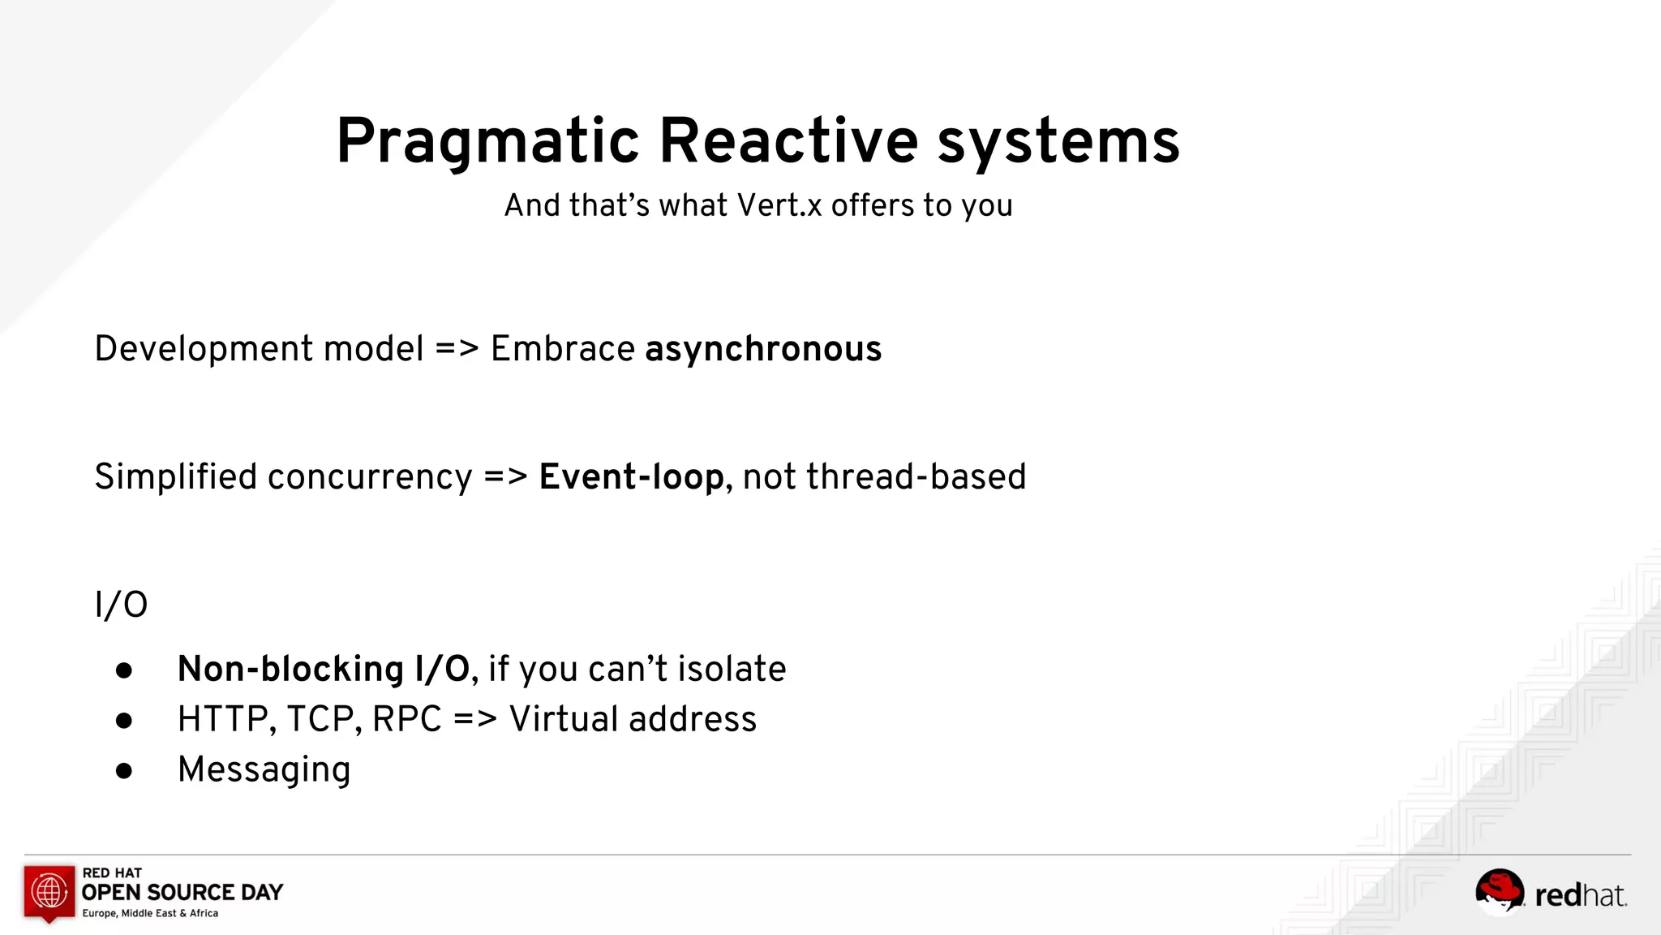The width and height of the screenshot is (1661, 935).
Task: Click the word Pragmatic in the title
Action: click(487, 142)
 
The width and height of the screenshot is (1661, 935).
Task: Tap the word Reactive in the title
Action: click(788, 142)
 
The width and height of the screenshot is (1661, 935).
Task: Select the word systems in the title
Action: click(1058, 142)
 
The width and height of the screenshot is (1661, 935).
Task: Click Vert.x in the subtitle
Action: click(779, 205)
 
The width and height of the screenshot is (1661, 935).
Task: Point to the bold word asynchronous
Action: click(762, 349)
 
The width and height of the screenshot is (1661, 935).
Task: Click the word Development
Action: click(204, 349)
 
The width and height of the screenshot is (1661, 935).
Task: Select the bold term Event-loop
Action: click(631, 477)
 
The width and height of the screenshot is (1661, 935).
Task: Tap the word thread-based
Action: click(884, 477)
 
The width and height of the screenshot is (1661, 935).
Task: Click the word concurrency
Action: click(370, 477)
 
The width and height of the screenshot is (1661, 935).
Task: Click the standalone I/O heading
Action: click(121, 605)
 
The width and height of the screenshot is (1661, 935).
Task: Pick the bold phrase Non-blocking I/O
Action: click(323, 670)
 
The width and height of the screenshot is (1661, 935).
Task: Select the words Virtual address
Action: click(633, 720)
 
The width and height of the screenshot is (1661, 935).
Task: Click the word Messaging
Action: click(264, 769)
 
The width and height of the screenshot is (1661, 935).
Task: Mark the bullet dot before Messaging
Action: click(124, 770)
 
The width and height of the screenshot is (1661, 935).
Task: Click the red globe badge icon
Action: click(49, 892)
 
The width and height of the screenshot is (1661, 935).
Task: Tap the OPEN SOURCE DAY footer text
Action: click(182, 893)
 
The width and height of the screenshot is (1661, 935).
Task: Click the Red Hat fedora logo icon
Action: click(1499, 890)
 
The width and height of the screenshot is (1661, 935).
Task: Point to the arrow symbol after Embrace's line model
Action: click(457, 349)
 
